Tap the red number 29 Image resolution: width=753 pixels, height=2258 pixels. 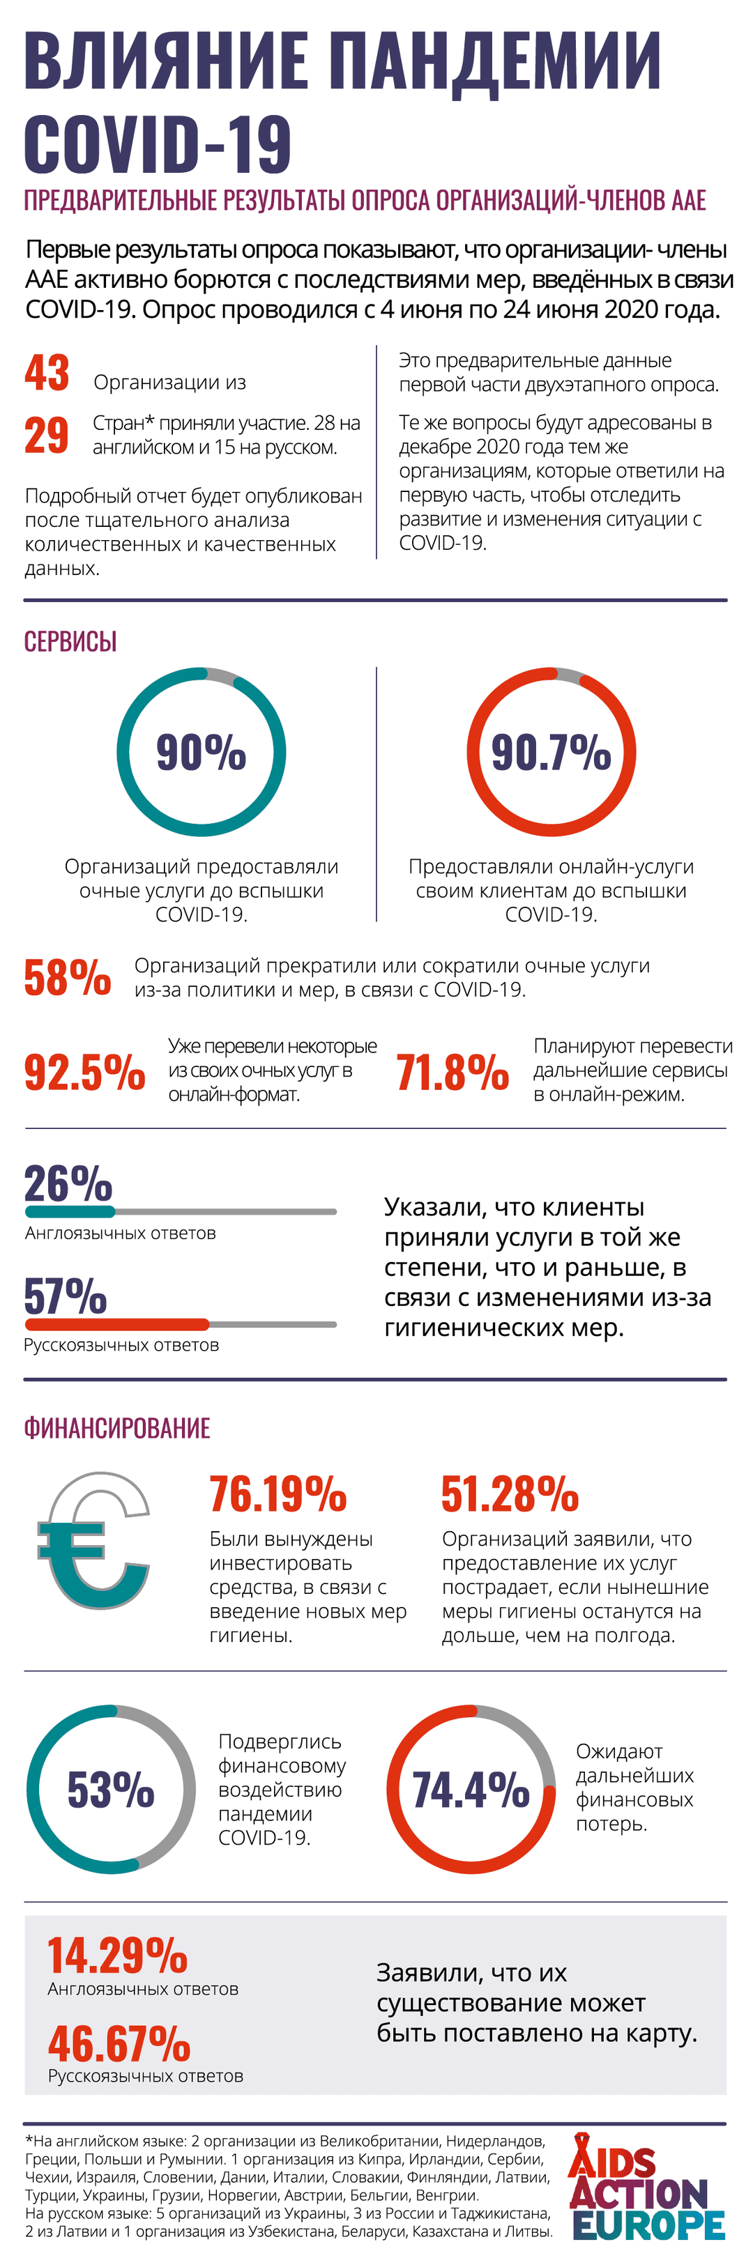point(47,435)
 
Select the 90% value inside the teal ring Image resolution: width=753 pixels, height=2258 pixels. point(201,752)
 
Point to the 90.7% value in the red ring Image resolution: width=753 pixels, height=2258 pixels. point(551,752)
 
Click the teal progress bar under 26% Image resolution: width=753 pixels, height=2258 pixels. point(70,1211)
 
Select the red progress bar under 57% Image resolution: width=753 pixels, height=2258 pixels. point(116,1323)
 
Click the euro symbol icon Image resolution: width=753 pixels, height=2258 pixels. point(92,1540)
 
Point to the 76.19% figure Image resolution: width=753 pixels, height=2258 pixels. point(278,1494)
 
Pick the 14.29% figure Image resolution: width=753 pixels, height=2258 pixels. point(117,1956)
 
